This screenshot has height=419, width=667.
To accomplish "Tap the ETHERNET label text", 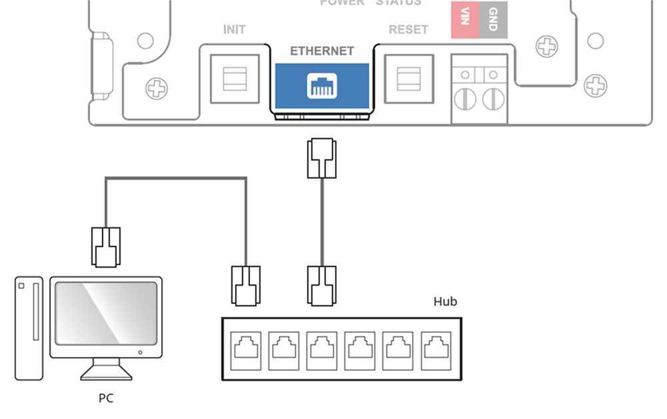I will point(322,51).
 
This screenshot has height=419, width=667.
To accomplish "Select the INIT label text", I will point(234,30).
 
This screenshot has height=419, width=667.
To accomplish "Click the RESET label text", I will point(408,30).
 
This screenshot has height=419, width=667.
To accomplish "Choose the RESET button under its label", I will point(408,79).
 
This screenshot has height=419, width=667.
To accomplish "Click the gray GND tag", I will point(492,19).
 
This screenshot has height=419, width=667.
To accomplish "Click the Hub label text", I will point(445,302).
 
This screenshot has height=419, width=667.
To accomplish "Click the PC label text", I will point(105,398).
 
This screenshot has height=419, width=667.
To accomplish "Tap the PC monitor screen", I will point(106,312).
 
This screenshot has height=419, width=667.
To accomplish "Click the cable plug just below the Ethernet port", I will point(322,158).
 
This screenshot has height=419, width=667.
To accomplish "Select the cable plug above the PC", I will point(106,246).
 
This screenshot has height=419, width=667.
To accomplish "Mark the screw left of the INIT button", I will point(157,88).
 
